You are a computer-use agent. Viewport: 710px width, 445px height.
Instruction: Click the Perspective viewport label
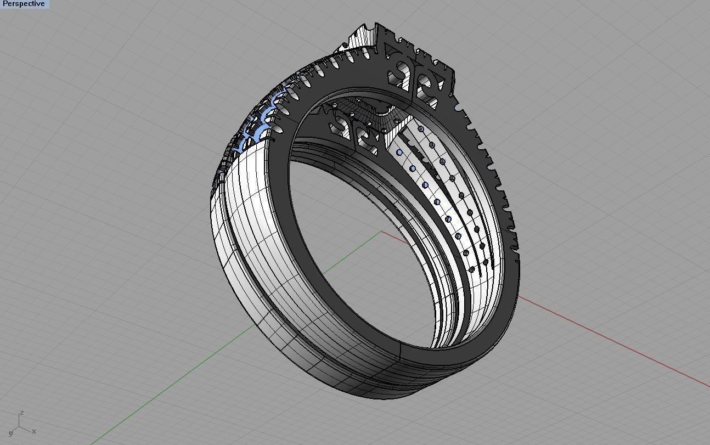point(24,4)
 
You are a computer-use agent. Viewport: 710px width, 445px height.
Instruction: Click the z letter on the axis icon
point(21,413)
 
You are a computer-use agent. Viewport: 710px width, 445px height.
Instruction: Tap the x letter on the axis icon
point(34,431)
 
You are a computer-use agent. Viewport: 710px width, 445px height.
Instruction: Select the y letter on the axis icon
point(10,433)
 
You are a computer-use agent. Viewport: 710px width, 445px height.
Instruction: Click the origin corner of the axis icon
point(19,427)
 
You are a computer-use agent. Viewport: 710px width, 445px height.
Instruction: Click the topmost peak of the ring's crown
point(376,25)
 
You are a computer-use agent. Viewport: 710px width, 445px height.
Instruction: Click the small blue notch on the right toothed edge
point(470,127)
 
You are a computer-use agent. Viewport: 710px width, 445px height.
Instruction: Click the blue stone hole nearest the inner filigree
point(399,152)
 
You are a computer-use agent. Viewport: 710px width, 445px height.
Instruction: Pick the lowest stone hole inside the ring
point(472,269)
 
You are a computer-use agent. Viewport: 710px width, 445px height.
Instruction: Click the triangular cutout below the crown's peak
point(391,52)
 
